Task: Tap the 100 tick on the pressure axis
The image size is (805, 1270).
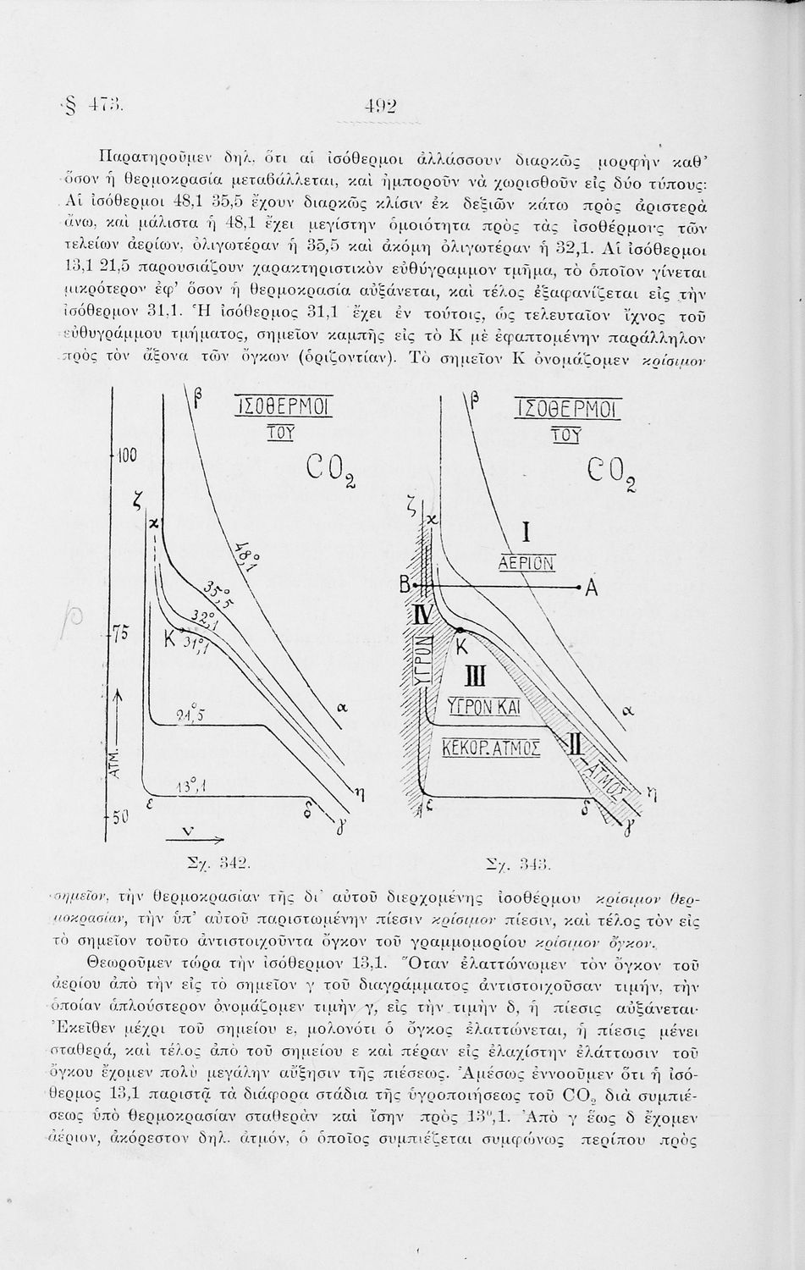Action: pyautogui.click(x=125, y=456)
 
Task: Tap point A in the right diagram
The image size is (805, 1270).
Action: pyautogui.click(x=591, y=590)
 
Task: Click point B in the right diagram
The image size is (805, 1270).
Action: pyautogui.click(x=405, y=586)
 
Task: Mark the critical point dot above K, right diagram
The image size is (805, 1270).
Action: pyautogui.click(x=459, y=630)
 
